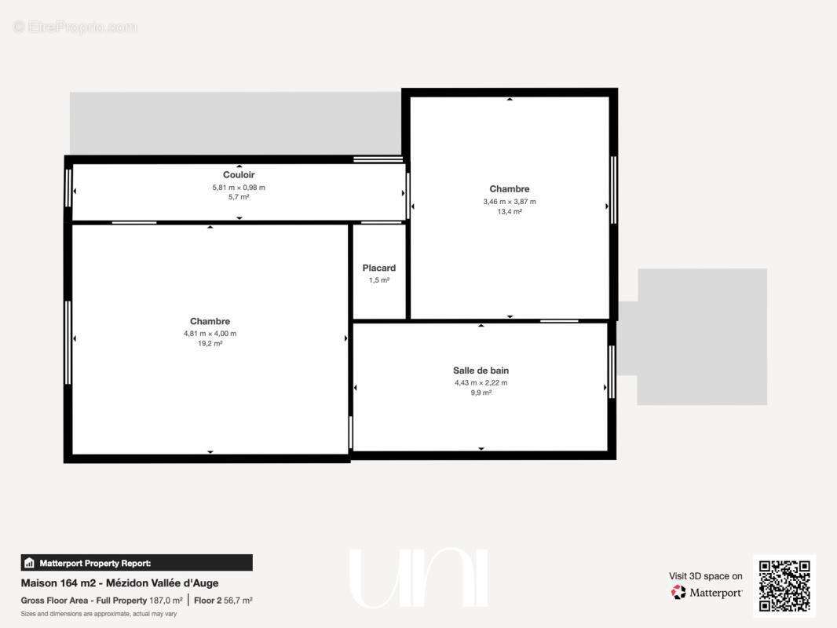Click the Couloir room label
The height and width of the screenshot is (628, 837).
pyautogui.click(x=239, y=174)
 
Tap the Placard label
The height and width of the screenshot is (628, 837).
pyautogui.click(x=379, y=268)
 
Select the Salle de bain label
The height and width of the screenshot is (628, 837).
pyautogui.click(x=481, y=371)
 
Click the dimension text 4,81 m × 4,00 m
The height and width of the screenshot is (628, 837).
pyautogui.click(x=210, y=334)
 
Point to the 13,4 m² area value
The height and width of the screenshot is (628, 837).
pyautogui.click(x=510, y=211)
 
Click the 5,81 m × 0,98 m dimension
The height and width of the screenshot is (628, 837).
pyautogui.click(x=239, y=188)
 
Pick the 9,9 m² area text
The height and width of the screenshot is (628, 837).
pyautogui.click(x=481, y=392)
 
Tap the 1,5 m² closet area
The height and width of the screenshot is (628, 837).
pyautogui.click(x=379, y=280)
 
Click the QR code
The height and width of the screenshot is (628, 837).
pyautogui.click(x=784, y=586)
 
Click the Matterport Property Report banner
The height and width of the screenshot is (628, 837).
pyautogui.click(x=137, y=563)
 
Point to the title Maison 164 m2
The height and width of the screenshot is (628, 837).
pyautogui.click(x=58, y=583)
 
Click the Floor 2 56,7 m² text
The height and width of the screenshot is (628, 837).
pyautogui.click(x=223, y=601)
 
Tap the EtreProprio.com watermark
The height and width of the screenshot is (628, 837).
pyautogui.click(x=75, y=27)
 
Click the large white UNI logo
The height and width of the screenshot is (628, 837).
pyautogui.click(x=418, y=578)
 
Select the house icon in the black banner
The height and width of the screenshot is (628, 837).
pyautogui.click(x=29, y=563)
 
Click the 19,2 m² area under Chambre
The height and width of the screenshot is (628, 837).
pyautogui.click(x=210, y=344)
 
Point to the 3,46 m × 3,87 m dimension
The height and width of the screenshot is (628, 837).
pyautogui.click(x=510, y=202)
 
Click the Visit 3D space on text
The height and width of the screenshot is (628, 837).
pyautogui.click(x=706, y=576)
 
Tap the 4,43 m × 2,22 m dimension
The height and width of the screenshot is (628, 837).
pyautogui.click(x=481, y=382)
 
